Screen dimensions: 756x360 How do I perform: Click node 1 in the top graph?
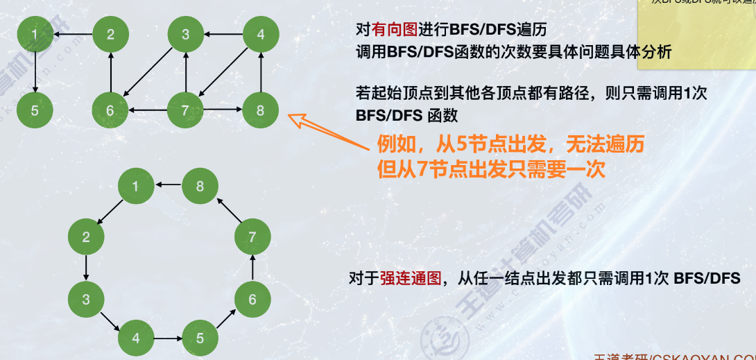click(35, 34)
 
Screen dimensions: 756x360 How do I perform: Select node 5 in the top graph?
click(35, 110)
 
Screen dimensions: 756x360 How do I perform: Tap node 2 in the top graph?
click(110, 34)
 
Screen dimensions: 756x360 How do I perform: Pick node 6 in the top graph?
click(110, 110)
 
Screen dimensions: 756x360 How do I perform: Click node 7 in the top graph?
click(185, 110)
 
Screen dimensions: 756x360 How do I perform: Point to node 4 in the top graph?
click(261, 34)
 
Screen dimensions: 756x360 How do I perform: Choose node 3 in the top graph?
click(185, 34)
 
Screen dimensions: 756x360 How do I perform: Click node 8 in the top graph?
click(261, 110)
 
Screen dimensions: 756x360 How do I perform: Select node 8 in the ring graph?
click(200, 185)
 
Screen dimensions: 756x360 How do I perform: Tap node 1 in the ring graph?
click(135, 185)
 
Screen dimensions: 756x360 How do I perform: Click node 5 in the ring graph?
click(200, 338)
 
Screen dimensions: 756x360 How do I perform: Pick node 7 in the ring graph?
click(252, 237)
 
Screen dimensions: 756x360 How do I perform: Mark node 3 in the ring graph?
click(85, 300)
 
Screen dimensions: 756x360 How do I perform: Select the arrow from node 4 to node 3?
click(223, 34)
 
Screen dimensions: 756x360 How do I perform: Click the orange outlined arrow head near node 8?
click(300, 123)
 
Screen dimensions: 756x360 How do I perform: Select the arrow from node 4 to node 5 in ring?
click(167, 338)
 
